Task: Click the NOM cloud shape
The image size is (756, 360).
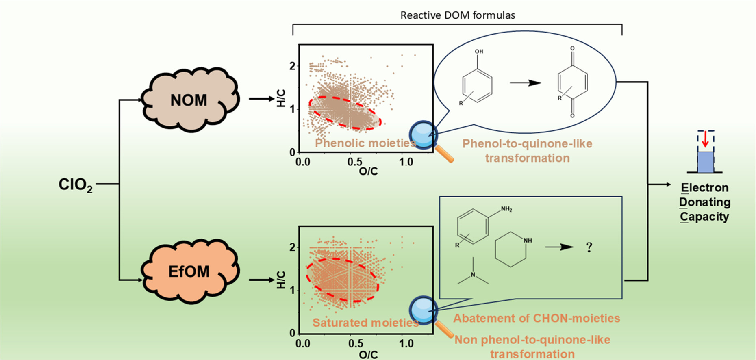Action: [189, 100]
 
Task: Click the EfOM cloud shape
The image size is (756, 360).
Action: [189, 271]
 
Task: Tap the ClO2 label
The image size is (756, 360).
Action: [76, 184]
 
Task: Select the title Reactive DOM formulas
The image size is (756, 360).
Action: [458, 15]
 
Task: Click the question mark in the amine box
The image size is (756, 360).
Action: [589, 247]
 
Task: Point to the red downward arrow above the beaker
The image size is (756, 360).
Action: [705, 139]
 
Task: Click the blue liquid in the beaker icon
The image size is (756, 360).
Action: [705, 162]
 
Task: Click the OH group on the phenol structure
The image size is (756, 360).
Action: [479, 52]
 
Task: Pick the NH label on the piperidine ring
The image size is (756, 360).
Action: [528, 240]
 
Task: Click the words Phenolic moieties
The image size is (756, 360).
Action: [365, 143]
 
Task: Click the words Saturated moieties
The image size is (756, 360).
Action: [365, 323]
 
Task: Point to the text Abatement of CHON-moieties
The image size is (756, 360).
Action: [537, 318]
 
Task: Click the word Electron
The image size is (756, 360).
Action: [705, 188]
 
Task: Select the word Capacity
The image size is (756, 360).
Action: [705, 217]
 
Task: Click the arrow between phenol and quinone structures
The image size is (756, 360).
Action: [525, 83]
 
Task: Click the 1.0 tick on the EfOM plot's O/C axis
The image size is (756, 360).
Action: [406, 344]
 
